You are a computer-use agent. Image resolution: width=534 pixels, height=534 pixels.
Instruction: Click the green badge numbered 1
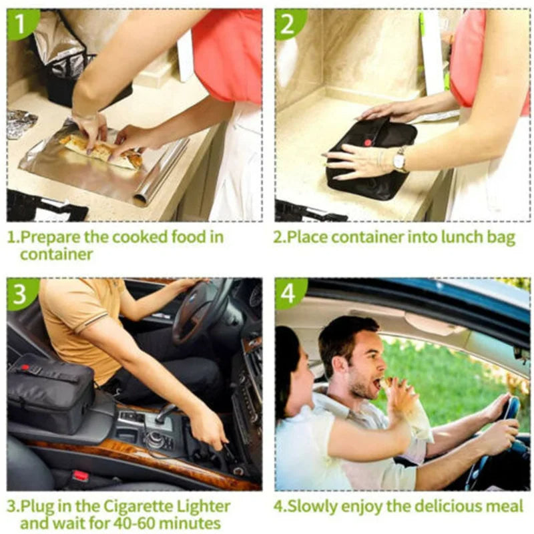click(x=21, y=23)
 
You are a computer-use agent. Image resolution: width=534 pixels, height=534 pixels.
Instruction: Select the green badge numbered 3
click(x=21, y=293)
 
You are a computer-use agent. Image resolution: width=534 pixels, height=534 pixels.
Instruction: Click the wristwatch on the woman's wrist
click(x=398, y=160)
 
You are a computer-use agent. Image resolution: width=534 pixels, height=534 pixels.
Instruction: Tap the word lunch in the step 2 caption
click(x=462, y=237)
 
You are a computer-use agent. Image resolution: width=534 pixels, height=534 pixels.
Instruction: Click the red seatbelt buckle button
click(x=79, y=475)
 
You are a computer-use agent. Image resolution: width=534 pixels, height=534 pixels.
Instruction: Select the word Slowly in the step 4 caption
click(x=311, y=507)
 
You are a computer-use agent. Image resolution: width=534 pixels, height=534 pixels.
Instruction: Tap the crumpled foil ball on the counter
click(x=21, y=124)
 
